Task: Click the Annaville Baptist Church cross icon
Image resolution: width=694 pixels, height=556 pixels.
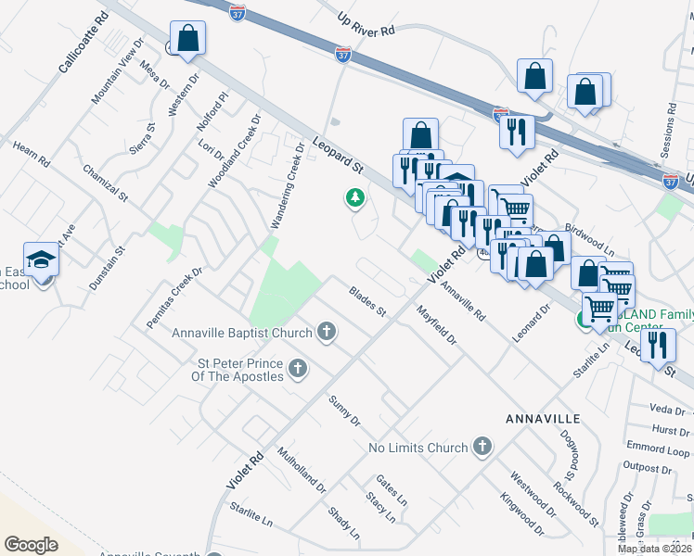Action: (326, 331)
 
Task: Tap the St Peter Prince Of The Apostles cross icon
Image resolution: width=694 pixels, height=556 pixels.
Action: (298, 370)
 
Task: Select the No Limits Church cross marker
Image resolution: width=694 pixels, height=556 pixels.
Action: (481, 448)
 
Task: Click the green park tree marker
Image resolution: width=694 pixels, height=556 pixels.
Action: (353, 197)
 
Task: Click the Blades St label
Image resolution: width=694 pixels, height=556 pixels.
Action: (367, 302)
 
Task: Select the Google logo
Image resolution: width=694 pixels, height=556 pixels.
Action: (31, 544)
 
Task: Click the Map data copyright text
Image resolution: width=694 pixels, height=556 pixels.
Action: (653, 549)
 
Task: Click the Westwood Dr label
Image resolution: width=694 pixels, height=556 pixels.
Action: (532, 493)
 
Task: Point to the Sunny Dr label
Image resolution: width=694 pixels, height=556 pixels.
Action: (344, 411)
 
